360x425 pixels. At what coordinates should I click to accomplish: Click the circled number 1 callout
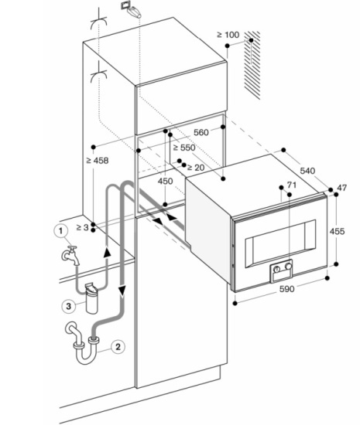pyautogui.click(x=60, y=231)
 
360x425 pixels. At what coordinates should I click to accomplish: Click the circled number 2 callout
pyautogui.click(x=118, y=346)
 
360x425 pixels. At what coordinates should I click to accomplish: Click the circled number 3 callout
pyautogui.click(x=68, y=306)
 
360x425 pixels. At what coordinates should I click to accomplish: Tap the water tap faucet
pyautogui.click(x=70, y=255)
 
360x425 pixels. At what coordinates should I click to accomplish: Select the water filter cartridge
pyautogui.click(x=91, y=298)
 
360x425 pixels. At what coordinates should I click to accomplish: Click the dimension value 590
pyautogui.click(x=286, y=289)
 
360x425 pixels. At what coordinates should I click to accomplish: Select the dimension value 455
pyautogui.click(x=337, y=231)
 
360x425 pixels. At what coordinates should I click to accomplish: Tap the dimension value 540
pyautogui.click(x=307, y=171)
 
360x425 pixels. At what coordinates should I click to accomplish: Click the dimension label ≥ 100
pyautogui.click(x=228, y=35)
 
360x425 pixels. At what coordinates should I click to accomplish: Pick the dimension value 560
pyautogui.click(x=201, y=132)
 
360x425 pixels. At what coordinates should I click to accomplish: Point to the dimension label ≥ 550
pyautogui.click(x=184, y=148)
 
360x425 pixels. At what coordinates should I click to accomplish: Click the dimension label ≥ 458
pyautogui.click(x=98, y=161)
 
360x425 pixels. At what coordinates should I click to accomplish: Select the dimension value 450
pyautogui.click(x=165, y=181)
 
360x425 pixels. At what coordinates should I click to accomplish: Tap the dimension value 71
pyautogui.click(x=292, y=185)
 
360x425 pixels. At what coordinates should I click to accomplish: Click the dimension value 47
pyautogui.click(x=342, y=188)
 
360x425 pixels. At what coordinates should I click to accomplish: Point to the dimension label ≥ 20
pyautogui.click(x=196, y=168)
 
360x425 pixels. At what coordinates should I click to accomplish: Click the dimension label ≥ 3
pyautogui.click(x=83, y=227)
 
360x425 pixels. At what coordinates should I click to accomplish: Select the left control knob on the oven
pyautogui.click(x=276, y=269)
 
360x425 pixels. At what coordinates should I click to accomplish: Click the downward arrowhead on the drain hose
pyautogui.click(x=122, y=291)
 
